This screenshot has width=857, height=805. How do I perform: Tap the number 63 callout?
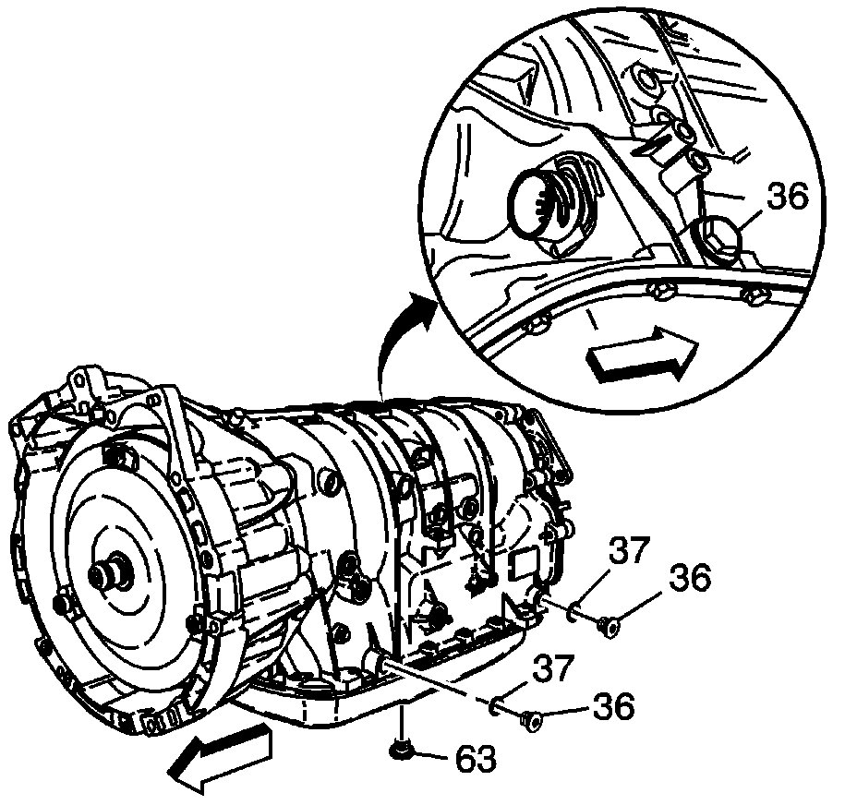(x=475, y=759)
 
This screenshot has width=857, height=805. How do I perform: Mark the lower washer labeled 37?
(x=497, y=706)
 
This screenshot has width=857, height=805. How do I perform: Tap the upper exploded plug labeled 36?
(x=609, y=628)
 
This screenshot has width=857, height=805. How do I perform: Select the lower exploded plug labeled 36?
(x=531, y=719)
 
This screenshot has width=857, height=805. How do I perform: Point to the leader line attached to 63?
(x=432, y=756)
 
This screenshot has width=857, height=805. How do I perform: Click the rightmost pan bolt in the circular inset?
(x=754, y=297)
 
